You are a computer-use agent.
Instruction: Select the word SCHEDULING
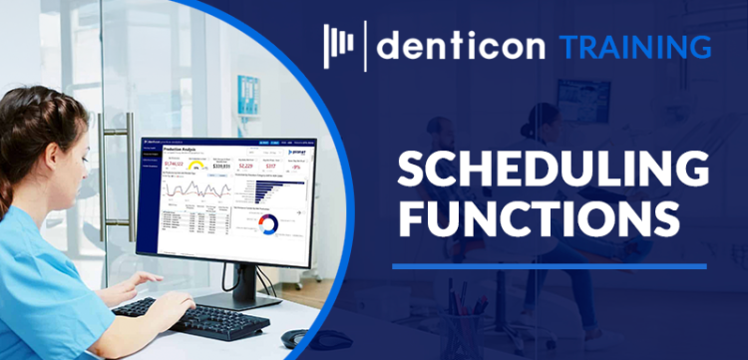554,171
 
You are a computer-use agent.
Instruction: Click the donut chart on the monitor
267,224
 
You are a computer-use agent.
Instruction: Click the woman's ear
63,146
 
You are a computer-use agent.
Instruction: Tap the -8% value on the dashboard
296,168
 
